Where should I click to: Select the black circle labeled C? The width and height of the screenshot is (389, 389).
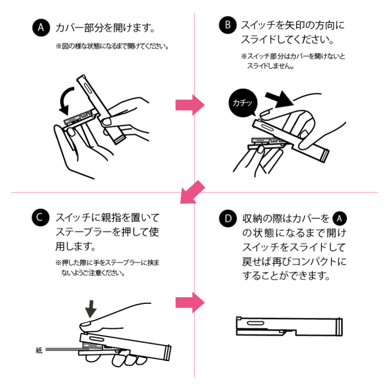(x=41, y=217)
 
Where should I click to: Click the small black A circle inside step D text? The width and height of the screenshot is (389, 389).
(x=340, y=218)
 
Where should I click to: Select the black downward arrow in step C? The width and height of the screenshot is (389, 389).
(x=91, y=309)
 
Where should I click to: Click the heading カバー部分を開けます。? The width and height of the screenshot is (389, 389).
(x=106, y=28)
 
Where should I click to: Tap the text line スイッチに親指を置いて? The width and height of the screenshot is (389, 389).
(x=106, y=217)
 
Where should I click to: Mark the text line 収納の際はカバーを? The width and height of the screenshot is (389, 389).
(x=286, y=218)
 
